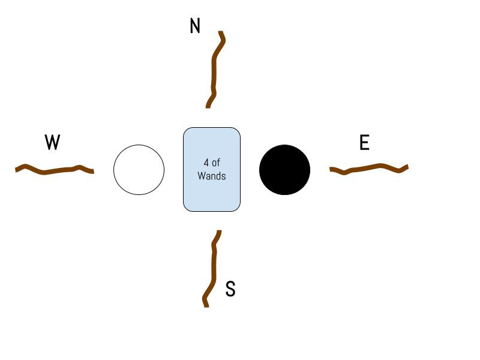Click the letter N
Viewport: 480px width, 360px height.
195,26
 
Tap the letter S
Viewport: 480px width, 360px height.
230,289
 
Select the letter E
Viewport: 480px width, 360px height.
364,143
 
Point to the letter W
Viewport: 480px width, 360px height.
53,143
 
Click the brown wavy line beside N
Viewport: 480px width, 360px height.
214,69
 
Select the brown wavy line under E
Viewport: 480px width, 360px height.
369,168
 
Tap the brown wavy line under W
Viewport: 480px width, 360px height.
54,170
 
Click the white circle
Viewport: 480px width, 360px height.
139,170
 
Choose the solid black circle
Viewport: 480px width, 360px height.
284,170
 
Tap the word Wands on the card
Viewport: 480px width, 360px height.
212,176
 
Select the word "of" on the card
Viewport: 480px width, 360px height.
217,163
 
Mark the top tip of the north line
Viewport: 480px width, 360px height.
221,32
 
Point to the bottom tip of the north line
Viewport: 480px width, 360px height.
208,107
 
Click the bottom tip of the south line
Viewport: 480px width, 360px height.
206,305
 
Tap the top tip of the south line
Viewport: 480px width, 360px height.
220,232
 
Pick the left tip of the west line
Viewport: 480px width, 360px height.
16,170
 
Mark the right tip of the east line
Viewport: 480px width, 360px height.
407,166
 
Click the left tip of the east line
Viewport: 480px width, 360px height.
331,170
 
